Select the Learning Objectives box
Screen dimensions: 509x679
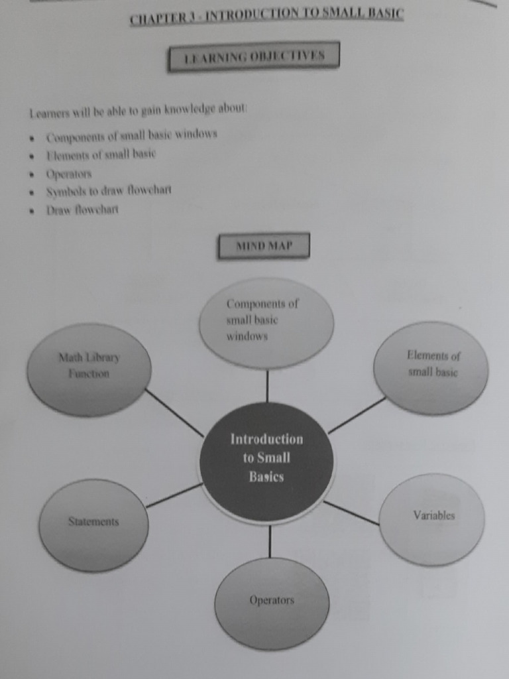click(254, 56)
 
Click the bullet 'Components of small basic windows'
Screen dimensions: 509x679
click(131, 135)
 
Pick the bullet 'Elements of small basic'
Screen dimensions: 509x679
click(101, 155)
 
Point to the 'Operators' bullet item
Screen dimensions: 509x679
click(69, 174)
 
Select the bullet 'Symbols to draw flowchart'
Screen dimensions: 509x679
click(109, 191)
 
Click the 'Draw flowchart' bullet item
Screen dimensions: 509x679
click(82, 210)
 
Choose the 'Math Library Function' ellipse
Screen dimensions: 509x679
click(89, 369)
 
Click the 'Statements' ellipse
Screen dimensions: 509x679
click(93, 525)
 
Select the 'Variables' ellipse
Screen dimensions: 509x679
click(432, 519)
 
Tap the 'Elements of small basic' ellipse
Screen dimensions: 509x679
click(431, 368)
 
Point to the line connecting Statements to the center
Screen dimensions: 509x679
click(174, 495)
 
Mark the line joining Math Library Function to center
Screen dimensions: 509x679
click(174, 412)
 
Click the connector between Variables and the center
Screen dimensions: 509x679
click(351, 513)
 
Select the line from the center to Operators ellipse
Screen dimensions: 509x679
click(270, 540)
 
